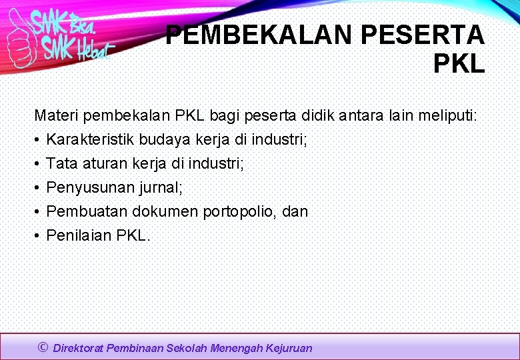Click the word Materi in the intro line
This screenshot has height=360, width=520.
[55, 116]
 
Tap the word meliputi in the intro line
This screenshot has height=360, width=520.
[447, 116]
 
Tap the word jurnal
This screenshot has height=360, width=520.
[160, 188]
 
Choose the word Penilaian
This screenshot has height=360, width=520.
[78, 235]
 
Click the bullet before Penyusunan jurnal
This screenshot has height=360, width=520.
[37, 188]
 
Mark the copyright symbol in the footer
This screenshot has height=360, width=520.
[43, 347]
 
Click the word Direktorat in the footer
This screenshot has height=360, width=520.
[79, 348]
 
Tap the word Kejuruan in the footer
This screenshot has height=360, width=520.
[288, 348]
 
